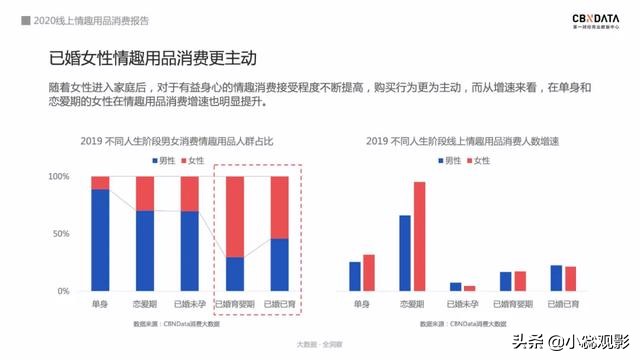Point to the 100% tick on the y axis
pyautogui.click(x=59, y=177)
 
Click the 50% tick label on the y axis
pyautogui.click(x=61, y=234)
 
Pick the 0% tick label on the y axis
pyautogui.click(x=64, y=291)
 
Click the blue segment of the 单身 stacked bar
pyautogui.click(x=100, y=240)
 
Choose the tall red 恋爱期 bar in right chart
pyautogui.click(x=419, y=236)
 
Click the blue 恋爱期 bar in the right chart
pyautogui.click(x=405, y=253)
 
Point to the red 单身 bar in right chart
pyautogui.click(x=368, y=272)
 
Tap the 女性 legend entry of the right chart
pyautogui.click(x=479, y=160)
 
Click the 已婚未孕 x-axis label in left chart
pyautogui.click(x=191, y=303)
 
